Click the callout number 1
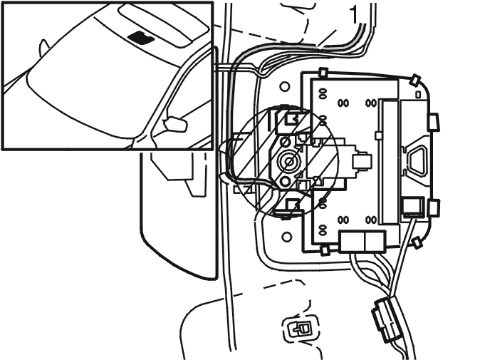coord(353,15)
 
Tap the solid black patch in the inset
coord(141,37)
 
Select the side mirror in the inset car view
coord(175,124)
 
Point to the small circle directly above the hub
coord(286,142)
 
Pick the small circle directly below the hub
coord(286,182)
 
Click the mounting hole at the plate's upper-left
coord(285,87)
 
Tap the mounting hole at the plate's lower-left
coord(286,237)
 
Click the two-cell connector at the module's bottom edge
coord(362,242)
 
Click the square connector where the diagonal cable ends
coord(413,207)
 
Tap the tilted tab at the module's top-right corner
coord(416,80)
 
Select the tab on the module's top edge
coord(323,73)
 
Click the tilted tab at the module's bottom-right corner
coord(417,243)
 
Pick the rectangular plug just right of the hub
coord(362,161)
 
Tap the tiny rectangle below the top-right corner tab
coord(418,95)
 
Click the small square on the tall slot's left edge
coord(378,135)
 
